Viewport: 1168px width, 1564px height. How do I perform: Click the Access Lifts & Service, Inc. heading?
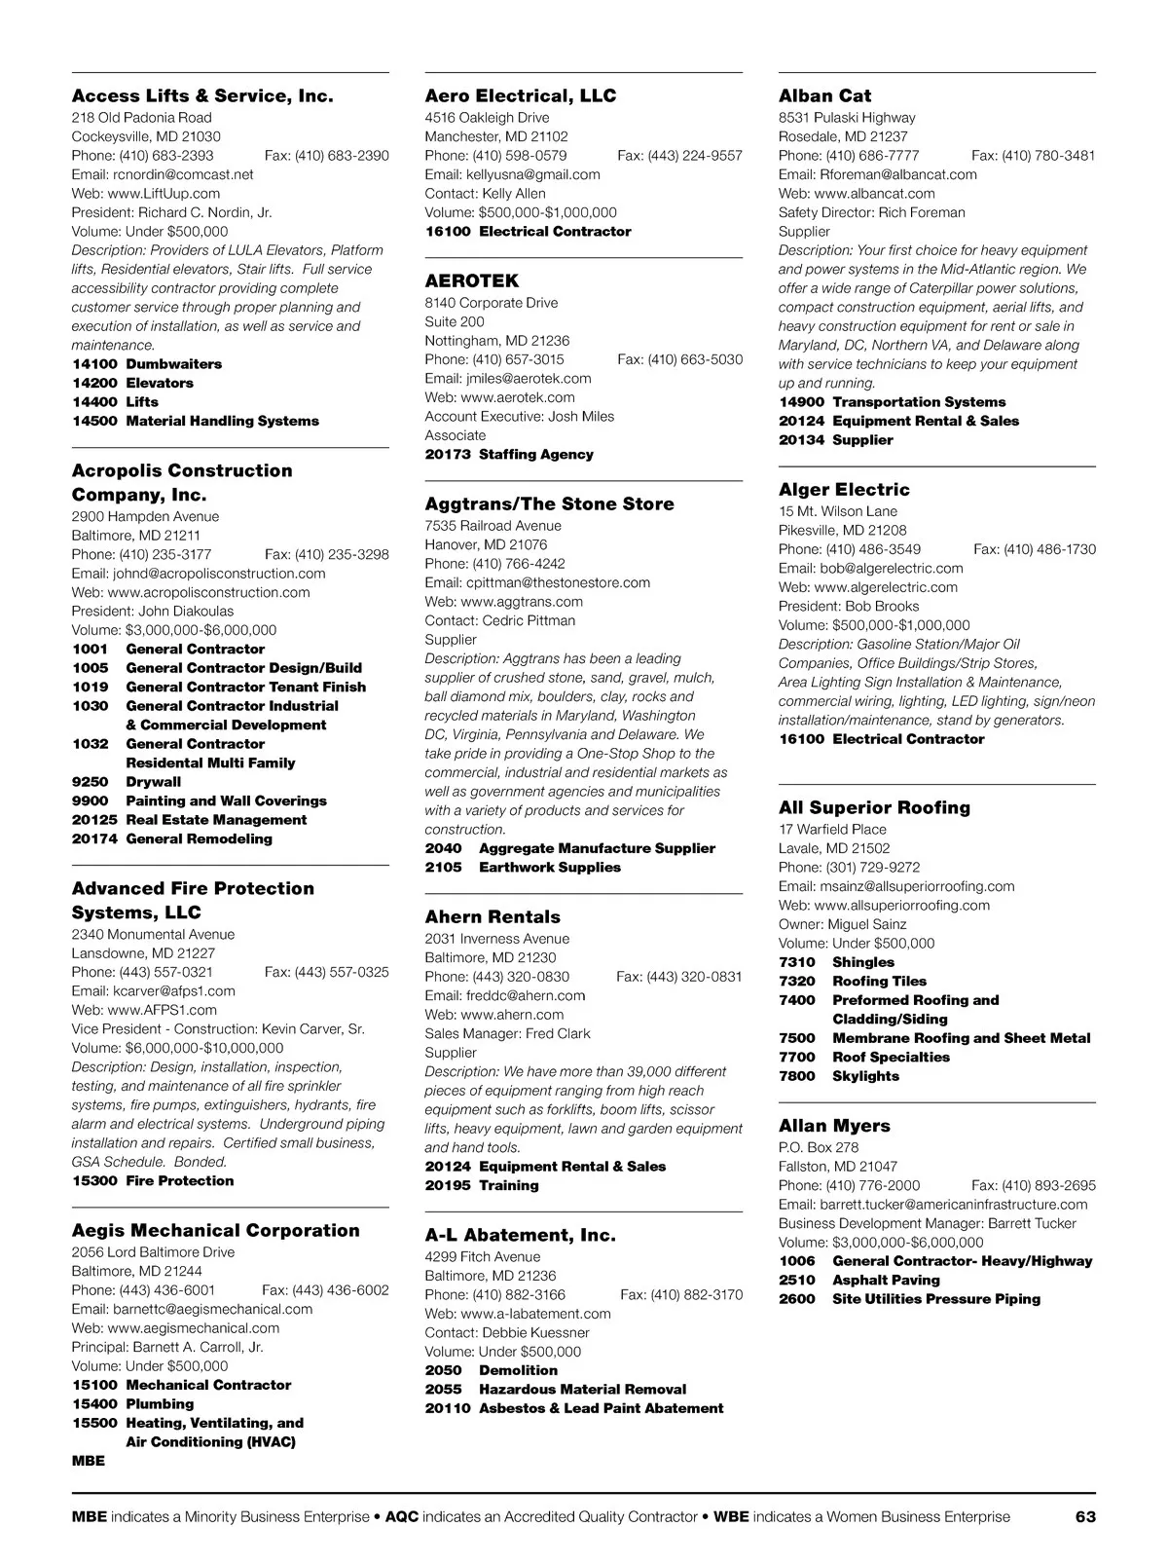[x=202, y=95]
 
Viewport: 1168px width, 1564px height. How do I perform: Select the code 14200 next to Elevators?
[x=93, y=383]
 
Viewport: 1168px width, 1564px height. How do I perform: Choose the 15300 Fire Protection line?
[x=153, y=1180]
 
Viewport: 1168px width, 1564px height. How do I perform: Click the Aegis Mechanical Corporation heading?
[x=215, y=1230]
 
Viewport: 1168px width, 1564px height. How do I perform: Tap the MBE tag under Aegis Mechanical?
[x=88, y=1461]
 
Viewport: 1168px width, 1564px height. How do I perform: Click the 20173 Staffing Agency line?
[x=508, y=454]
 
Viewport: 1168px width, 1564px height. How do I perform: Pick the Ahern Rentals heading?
[x=493, y=916]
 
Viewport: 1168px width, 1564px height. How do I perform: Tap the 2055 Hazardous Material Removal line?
[x=555, y=1389]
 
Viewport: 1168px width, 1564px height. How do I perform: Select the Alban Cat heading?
[x=824, y=95]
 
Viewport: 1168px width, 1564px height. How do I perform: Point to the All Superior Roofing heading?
[x=874, y=807]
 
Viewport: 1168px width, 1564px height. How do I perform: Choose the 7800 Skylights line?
[x=838, y=1076]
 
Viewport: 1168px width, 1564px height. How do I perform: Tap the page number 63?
[x=1085, y=1516]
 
